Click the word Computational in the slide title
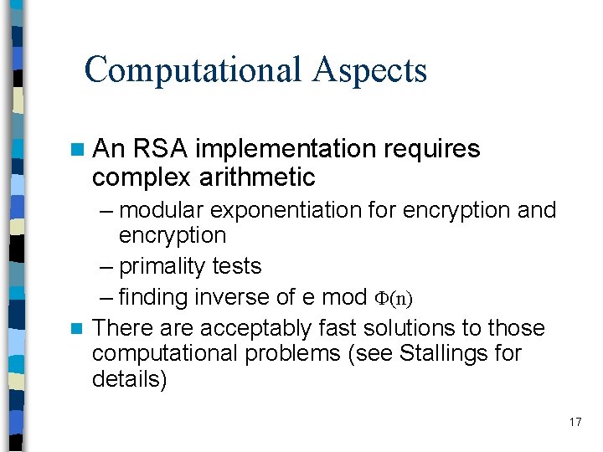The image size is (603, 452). click(x=193, y=69)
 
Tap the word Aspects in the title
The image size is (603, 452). click(x=369, y=71)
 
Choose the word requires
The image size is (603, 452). click(x=432, y=150)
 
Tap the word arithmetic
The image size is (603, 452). click(x=258, y=177)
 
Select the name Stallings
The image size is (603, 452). click(x=449, y=353)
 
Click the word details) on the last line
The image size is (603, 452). click(x=130, y=379)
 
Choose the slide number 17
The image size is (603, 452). click(x=575, y=422)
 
